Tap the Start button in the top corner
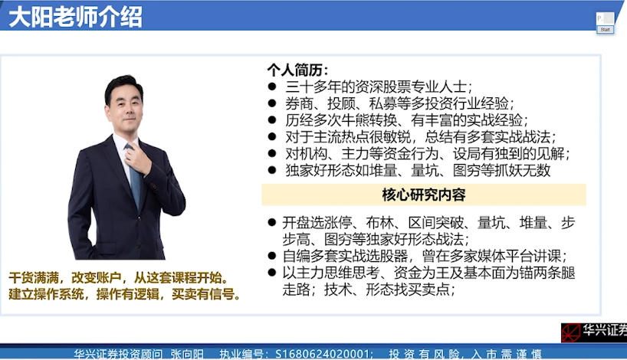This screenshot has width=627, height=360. pos(605,29)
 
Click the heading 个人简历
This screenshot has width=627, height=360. pos(296,70)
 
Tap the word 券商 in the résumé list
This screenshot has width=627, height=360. pos(297,103)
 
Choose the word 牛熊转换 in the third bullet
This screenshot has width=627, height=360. pos(372,120)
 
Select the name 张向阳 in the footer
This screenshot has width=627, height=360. pos(191,354)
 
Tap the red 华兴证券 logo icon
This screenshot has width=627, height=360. pos(570,332)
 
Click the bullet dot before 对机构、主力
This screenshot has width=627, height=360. pos(271,154)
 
